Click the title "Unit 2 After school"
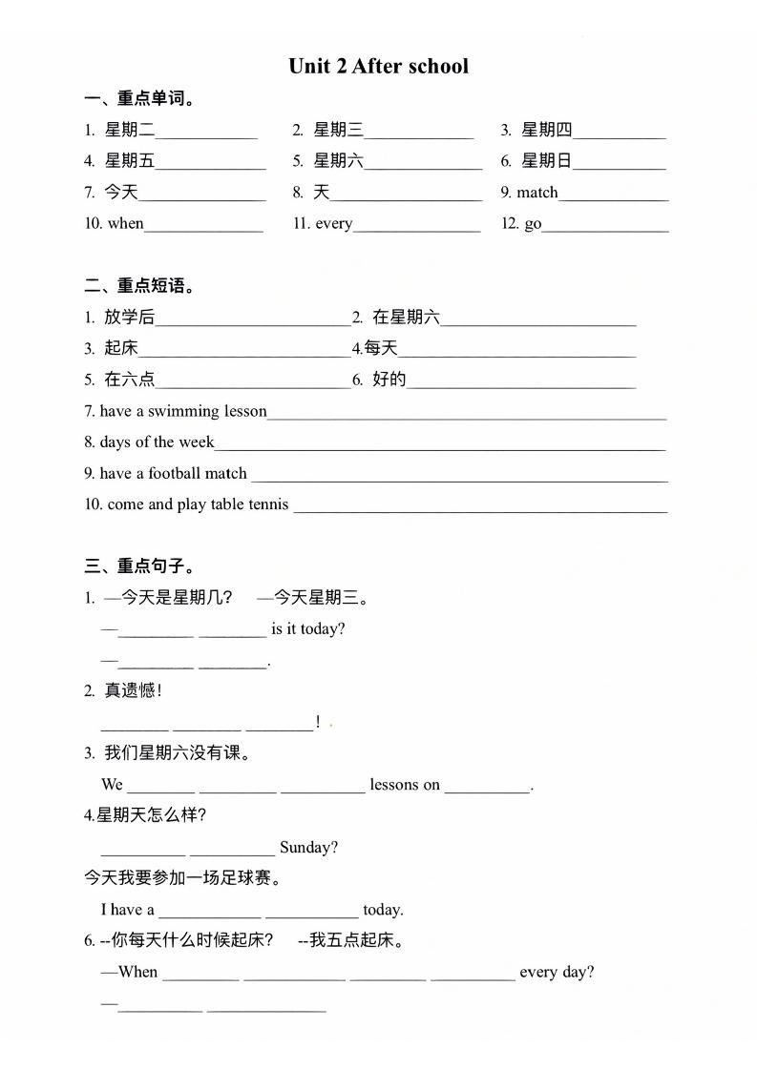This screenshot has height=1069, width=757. coord(378,66)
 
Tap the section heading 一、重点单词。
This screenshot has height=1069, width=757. coord(139,98)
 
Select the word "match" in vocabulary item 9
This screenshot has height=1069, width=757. coord(536,193)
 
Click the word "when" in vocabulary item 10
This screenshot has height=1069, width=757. coord(125,224)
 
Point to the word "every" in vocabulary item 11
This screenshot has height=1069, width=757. coord(333,224)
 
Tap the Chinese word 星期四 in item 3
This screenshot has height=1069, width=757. coord(546,131)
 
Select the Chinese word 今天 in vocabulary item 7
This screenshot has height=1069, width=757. coord(121,193)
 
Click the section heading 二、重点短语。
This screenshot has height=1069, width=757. coord(139,285)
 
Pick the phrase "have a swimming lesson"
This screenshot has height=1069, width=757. coord(183,411)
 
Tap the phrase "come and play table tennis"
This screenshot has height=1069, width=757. coord(198,504)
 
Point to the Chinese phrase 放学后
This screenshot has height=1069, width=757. coord(129,318)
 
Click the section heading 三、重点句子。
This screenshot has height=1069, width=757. coord(139,566)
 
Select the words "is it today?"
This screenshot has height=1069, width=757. coord(307,629)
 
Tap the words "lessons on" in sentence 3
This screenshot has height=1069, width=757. coord(405,785)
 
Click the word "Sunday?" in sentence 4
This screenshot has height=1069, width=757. coord(308,847)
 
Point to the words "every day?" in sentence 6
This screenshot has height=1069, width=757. coord(557,973)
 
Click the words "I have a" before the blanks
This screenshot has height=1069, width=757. coord(128,910)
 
